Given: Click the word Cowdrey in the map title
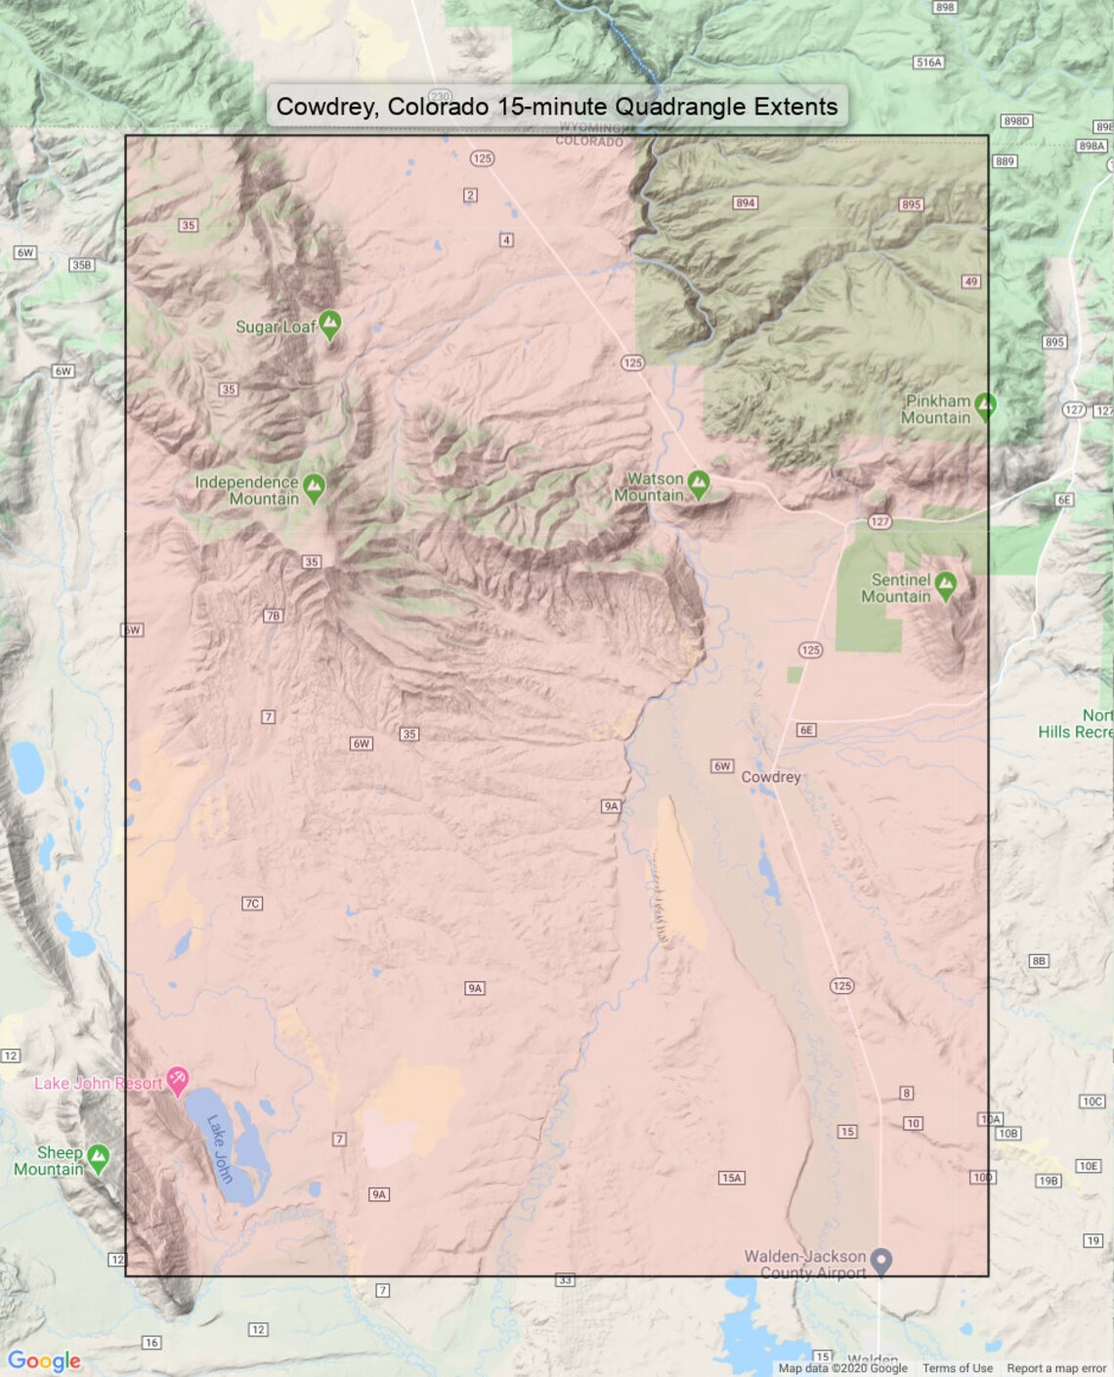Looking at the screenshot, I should coord(324,107).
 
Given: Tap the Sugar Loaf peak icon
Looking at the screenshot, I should coord(330,323).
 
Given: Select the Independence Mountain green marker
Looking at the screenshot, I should coord(314,487).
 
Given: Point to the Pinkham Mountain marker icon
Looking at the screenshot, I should coord(985,405).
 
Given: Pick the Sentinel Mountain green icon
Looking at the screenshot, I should coord(945,585).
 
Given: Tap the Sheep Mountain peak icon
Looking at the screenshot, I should coord(98,1158).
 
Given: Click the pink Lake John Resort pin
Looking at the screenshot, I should coord(177,1080).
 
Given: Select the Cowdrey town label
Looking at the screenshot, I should coord(770,777).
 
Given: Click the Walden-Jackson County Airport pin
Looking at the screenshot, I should coord(881,1261).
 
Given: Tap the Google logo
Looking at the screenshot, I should coord(44,1360).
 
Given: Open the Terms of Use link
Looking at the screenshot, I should coord(957,1368).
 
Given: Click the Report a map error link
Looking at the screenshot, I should coord(1056,1368).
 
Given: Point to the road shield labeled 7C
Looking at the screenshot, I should coord(252,903).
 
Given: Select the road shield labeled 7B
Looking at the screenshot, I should coord(273,616).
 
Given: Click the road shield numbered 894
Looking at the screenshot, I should coord(746,203).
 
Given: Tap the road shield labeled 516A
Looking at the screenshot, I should coord(928,63).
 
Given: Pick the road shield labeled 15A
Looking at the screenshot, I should coord(731,1178).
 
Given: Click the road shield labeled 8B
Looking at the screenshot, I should coord(1039,961).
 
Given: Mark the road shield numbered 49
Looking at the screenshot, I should coord(970,281).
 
